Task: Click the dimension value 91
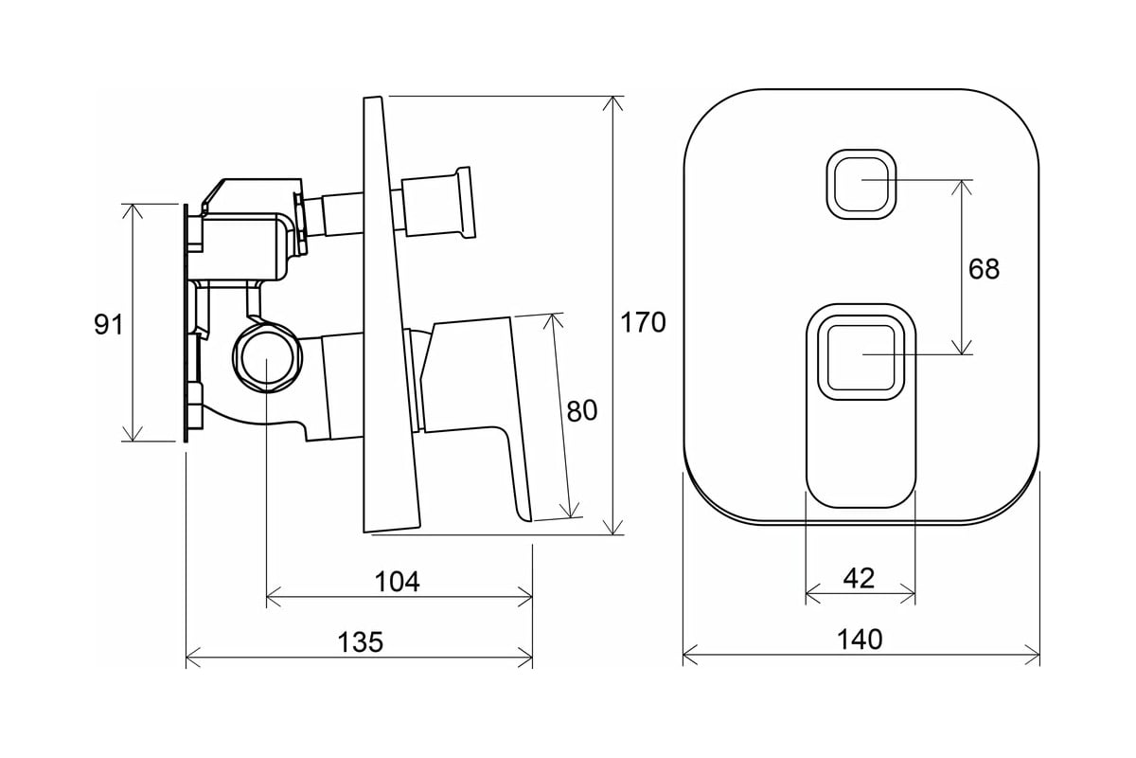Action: tap(109, 324)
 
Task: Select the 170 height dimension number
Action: tap(643, 322)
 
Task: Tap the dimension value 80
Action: tap(581, 410)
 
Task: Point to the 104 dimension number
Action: tap(398, 582)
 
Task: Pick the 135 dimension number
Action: tap(361, 641)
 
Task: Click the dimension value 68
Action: tap(984, 269)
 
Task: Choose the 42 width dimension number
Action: tap(859, 577)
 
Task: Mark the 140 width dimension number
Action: tap(860, 639)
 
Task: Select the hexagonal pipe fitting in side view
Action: tap(268, 358)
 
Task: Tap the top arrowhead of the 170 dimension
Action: tap(615, 102)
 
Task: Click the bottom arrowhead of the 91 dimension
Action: tap(133, 435)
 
